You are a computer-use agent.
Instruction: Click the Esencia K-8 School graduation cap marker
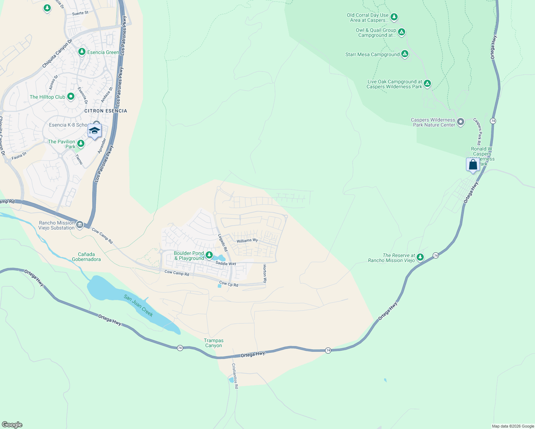(94, 131)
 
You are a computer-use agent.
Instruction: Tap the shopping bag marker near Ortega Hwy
(473, 165)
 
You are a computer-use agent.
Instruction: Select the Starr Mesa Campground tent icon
(404, 54)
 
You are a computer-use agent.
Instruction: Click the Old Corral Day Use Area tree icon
(394, 17)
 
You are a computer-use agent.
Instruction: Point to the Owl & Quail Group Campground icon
(401, 32)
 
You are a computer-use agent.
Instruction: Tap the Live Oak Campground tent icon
(427, 84)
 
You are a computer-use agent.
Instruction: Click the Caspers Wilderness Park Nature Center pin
(461, 122)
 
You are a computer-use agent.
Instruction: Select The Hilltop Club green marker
(71, 97)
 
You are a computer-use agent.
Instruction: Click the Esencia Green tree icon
(82, 52)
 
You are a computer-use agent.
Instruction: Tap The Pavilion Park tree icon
(81, 144)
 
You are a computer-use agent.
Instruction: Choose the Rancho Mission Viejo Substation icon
(80, 225)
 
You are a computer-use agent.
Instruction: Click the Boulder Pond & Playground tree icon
(209, 255)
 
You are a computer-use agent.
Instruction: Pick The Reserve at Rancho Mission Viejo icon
(420, 257)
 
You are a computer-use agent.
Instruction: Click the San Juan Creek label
(138, 305)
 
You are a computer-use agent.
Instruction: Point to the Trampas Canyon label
(213, 343)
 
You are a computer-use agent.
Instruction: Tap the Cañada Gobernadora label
(86, 257)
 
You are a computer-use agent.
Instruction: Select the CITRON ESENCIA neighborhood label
(105, 111)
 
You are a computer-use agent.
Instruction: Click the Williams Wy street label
(247, 241)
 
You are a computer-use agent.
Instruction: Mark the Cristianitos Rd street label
(235, 376)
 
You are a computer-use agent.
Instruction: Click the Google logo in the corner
(12, 424)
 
